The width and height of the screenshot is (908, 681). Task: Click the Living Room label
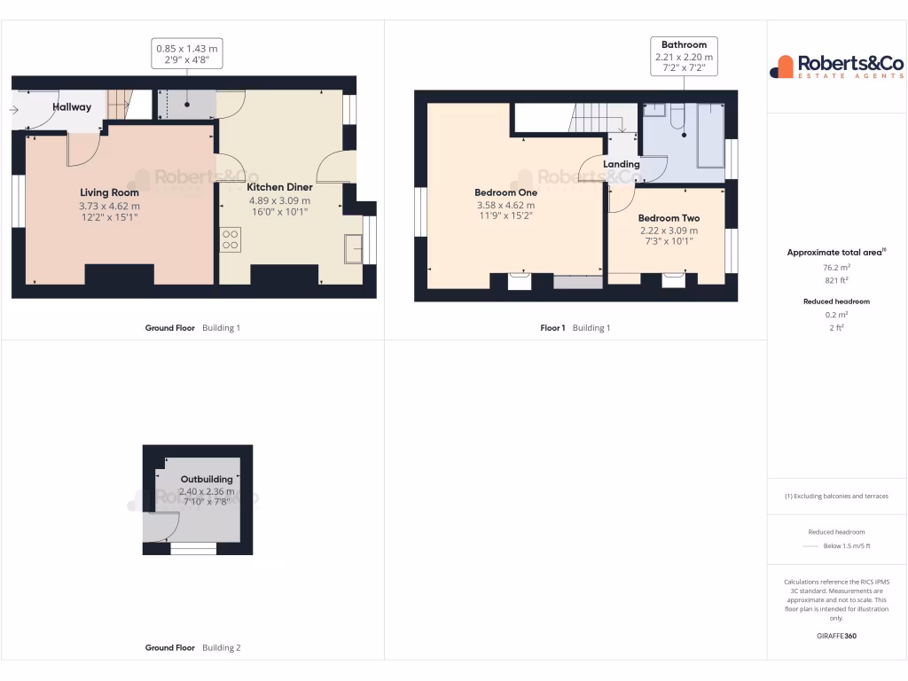tap(109, 192)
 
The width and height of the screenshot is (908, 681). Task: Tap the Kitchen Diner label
tap(279, 187)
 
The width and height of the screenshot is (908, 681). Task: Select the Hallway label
tap(72, 107)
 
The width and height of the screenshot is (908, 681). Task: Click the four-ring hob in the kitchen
tap(230, 239)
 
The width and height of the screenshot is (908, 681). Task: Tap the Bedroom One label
tap(505, 192)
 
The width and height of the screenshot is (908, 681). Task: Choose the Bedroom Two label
tap(669, 218)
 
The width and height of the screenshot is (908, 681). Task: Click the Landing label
tap(621, 164)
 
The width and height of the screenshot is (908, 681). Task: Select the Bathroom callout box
tap(684, 56)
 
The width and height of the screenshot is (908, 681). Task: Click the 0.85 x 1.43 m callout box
tap(187, 55)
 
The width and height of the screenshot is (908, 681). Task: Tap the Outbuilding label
tap(207, 480)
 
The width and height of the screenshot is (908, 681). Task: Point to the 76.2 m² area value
tap(837, 266)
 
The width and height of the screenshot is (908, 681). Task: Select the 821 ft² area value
tap(837, 279)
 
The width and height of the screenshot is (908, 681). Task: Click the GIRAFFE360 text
tap(837, 636)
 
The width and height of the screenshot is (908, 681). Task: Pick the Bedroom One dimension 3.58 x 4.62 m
tap(505, 206)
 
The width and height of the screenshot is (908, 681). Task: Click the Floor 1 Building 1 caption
tap(575, 328)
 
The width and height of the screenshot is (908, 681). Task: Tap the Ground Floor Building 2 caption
tap(192, 648)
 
